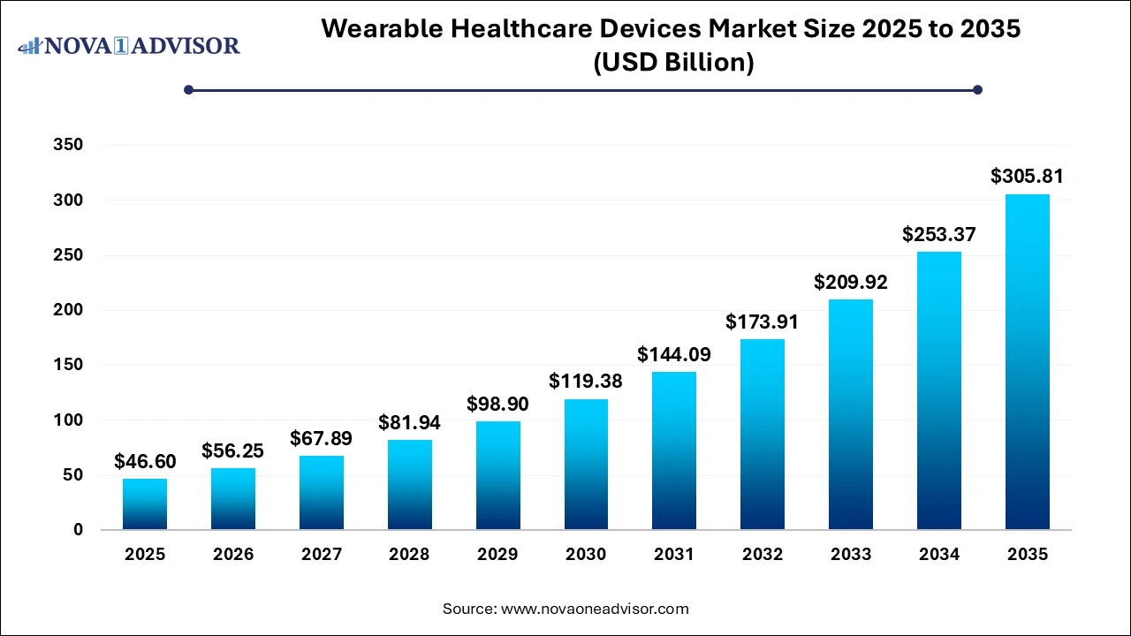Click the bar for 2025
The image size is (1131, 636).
tap(145, 503)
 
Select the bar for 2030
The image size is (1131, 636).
tap(586, 465)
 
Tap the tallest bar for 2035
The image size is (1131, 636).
tap(1027, 362)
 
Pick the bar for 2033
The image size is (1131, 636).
tap(850, 414)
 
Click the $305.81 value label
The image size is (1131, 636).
tap(1027, 177)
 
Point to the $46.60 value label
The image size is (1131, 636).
tap(145, 461)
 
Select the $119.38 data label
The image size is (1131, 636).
tap(586, 382)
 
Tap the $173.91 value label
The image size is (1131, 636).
tap(762, 322)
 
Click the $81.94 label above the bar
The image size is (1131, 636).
tap(409, 422)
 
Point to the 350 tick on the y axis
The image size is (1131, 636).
tap(68, 146)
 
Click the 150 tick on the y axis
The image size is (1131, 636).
tap(68, 366)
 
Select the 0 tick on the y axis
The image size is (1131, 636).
tap(78, 530)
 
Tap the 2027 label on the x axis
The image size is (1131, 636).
tap(321, 555)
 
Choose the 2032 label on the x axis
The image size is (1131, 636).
tap(762, 555)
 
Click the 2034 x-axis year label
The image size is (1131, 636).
tap(938, 555)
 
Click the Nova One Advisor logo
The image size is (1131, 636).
tap(129, 45)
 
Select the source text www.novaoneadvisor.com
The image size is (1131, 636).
tap(595, 609)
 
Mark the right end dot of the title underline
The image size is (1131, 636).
tap(977, 89)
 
